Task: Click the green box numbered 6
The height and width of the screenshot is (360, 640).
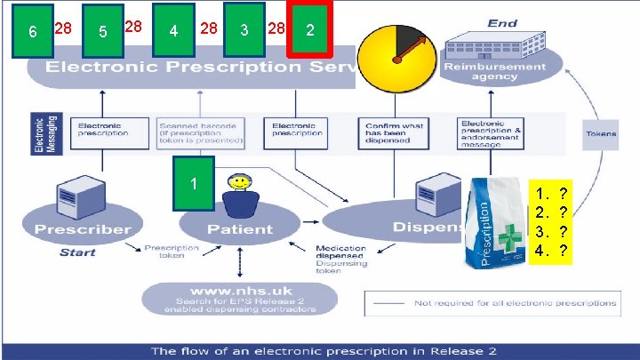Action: pos(31,32)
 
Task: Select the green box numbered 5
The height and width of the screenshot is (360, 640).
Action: pos(102,32)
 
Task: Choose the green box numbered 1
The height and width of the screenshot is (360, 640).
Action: pos(194,184)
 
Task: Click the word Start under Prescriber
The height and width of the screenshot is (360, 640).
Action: pos(77,252)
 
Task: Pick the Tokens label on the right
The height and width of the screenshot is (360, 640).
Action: pos(601,134)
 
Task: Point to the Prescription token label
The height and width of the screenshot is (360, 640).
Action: pos(165,252)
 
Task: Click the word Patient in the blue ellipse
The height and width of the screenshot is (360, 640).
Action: pos(240,228)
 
